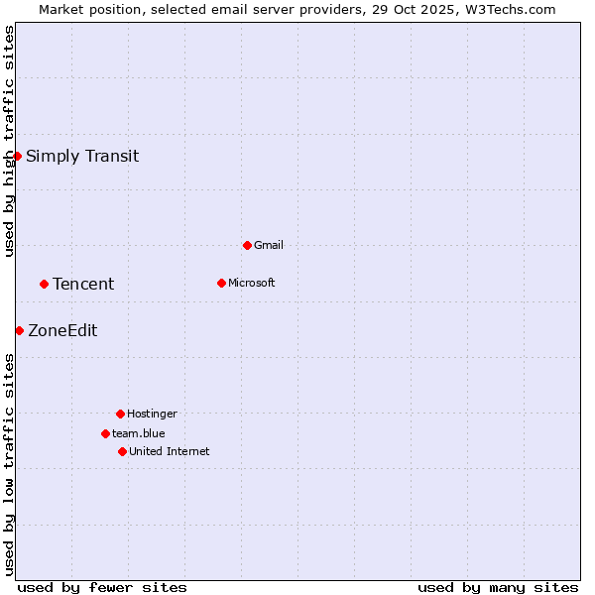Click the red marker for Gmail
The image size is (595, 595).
tap(247, 245)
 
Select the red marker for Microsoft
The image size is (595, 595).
tap(221, 283)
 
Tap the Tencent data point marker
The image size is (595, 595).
tap(44, 284)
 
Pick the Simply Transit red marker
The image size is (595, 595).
tap(17, 156)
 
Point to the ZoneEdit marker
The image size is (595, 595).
tap(19, 330)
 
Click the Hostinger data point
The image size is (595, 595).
tap(120, 414)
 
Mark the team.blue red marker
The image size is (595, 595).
tap(105, 433)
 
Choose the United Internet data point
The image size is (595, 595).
tap(122, 451)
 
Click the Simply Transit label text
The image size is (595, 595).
tap(82, 156)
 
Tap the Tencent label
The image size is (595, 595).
tap(83, 284)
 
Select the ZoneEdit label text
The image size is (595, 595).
tap(62, 330)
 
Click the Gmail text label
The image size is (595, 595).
tap(269, 245)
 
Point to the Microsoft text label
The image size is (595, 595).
tap(252, 283)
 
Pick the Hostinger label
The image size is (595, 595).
tap(152, 414)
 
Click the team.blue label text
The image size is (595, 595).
tap(139, 433)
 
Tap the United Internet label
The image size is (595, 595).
tap(170, 451)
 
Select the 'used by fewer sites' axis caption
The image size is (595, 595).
tap(102, 587)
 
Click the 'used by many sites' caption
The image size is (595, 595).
tap(498, 587)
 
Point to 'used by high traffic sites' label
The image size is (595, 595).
tap(9, 141)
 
